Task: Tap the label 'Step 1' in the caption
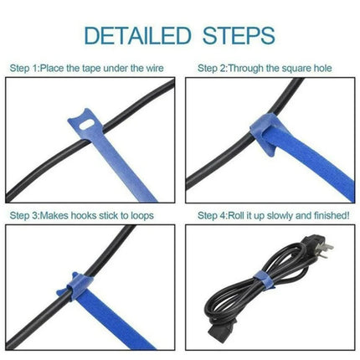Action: (x=25, y=66)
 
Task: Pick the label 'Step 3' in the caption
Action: (x=25, y=214)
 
